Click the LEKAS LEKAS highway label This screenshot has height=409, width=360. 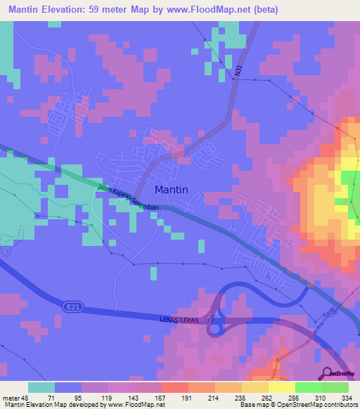pyautogui.click(x=183, y=320)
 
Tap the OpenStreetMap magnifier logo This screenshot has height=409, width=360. pyautogui.click(x=328, y=375)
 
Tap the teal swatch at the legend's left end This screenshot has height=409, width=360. pyautogui.click(x=41, y=387)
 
